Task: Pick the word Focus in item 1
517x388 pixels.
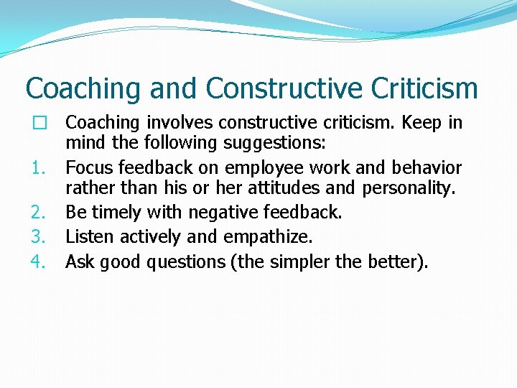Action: coord(89,168)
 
